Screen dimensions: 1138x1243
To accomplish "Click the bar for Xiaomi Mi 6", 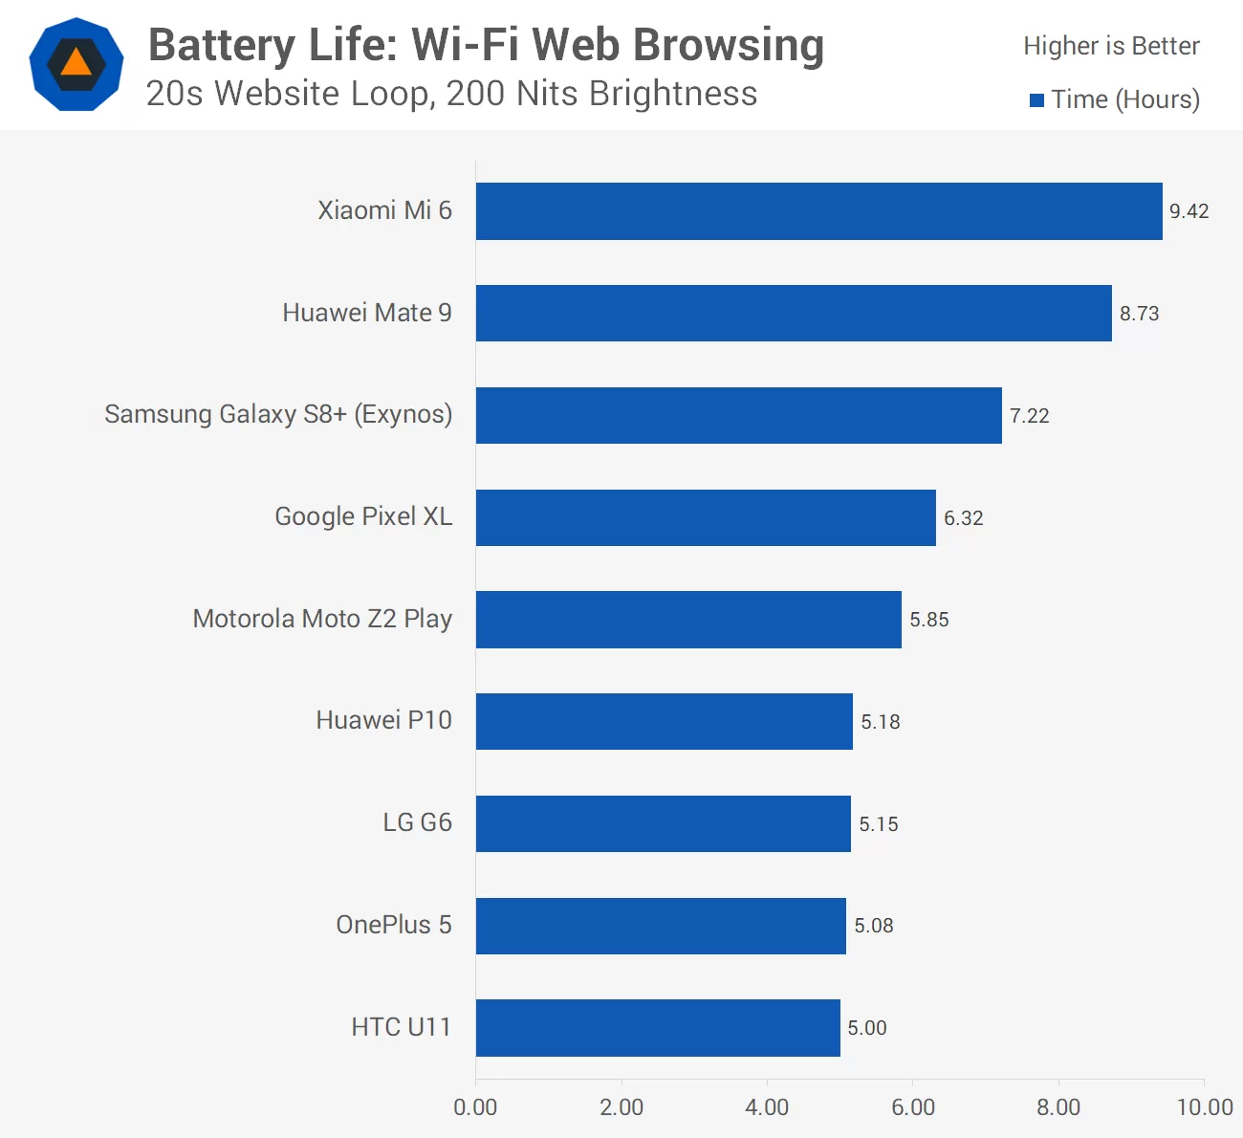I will click(x=818, y=211).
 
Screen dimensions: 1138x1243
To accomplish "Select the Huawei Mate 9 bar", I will click(x=794, y=313).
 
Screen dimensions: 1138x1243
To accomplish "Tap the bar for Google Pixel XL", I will click(x=706, y=517).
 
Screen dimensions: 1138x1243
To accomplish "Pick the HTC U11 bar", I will click(x=658, y=1028).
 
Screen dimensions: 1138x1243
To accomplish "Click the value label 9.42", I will click(x=1188, y=211).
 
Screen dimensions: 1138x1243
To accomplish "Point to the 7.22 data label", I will click(x=1029, y=416).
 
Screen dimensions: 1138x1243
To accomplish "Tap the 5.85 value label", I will click(x=928, y=620).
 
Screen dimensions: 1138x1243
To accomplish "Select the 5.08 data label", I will click(x=873, y=926).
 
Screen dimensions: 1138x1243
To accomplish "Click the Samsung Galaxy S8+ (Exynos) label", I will click(x=278, y=414).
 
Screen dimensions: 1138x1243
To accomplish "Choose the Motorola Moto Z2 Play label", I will click(x=322, y=619).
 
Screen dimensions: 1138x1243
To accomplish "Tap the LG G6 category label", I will click(x=417, y=822).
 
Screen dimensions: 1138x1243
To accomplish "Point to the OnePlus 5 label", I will click(x=393, y=925).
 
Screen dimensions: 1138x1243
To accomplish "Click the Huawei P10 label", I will click(x=383, y=720).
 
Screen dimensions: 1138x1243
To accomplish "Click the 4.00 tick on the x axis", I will click(x=767, y=1107).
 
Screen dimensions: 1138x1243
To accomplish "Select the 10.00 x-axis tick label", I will click(x=1204, y=1107).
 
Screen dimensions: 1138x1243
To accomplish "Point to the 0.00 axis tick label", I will click(x=475, y=1107).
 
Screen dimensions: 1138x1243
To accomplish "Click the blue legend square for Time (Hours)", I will click(x=1036, y=100).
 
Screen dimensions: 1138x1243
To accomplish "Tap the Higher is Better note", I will click(x=1111, y=46).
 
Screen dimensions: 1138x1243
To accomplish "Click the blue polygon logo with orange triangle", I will click(x=76, y=64).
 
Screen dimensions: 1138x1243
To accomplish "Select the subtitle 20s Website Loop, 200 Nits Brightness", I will click(x=451, y=94).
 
